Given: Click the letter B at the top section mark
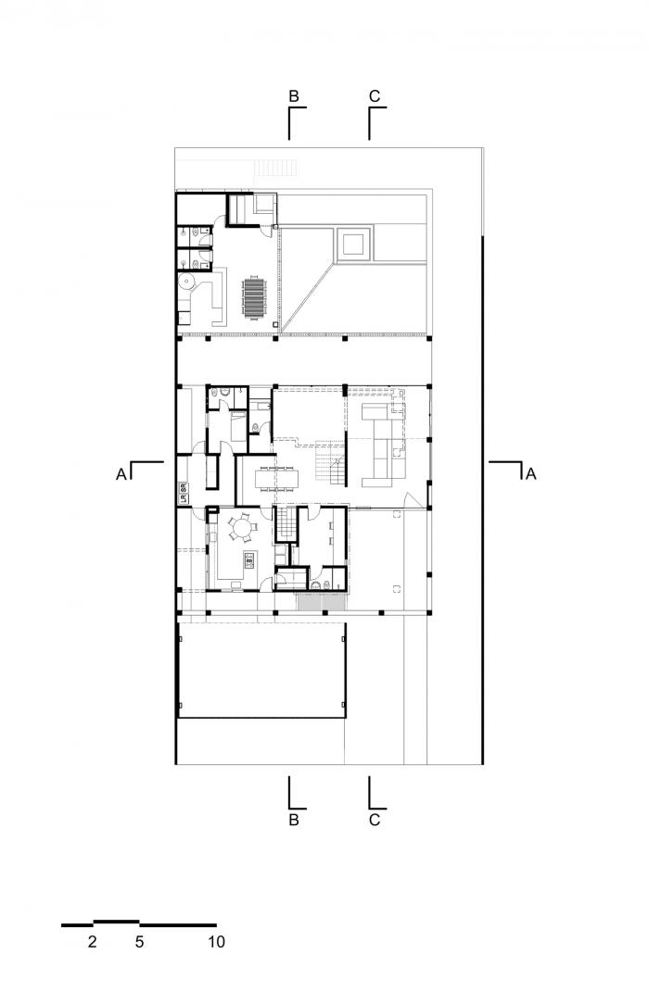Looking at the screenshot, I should [x=293, y=96].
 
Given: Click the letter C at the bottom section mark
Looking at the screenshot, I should [x=375, y=820].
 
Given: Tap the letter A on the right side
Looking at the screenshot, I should [x=530, y=474].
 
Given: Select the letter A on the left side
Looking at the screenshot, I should [x=121, y=474].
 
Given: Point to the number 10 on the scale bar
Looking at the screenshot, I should [x=216, y=943].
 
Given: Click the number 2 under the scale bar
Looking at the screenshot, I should [x=92, y=943].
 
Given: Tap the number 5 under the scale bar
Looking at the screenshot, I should [x=139, y=943].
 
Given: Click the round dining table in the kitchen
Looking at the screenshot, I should [x=243, y=529].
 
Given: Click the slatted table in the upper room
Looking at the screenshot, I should [x=254, y=297].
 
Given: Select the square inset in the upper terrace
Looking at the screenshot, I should [x=353, y=245].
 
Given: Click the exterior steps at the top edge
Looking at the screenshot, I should [x=275, y=168].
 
